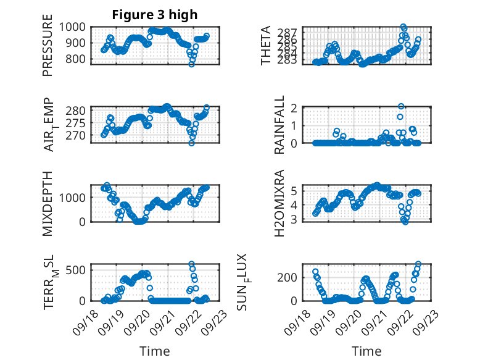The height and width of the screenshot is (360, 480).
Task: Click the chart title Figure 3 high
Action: [155, 15]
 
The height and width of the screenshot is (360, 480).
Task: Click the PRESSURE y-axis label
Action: [48, 49]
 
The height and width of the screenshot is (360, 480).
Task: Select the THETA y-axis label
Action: [266, 46]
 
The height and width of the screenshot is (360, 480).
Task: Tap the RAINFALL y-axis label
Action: [279, 125]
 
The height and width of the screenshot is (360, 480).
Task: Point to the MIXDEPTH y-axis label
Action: [48, 204]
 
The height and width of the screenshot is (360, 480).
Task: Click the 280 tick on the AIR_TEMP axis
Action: [78, 111]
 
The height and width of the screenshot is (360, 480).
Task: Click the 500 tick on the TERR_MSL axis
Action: [78, 269]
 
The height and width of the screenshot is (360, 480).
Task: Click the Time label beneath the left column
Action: [155, 351]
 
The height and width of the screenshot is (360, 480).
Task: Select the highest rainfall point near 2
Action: [401, 107]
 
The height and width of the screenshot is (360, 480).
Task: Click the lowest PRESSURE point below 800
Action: [192, 64]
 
